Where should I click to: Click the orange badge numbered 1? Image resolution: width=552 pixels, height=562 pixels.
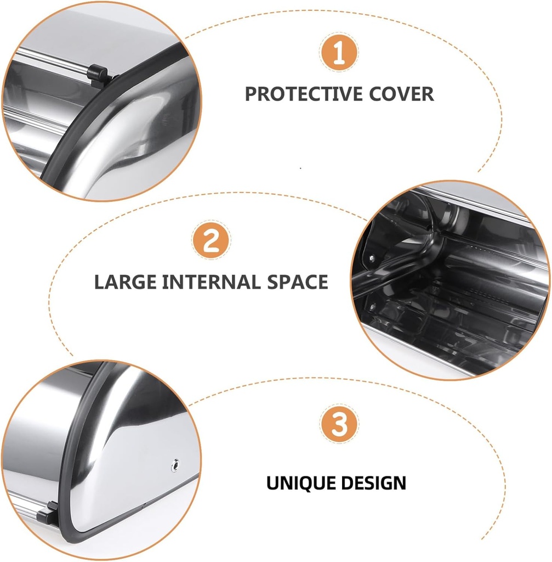click(339, 52)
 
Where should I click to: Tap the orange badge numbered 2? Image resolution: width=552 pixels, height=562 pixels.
click(211, 240)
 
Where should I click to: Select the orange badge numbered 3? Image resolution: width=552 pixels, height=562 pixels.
click(339, 424)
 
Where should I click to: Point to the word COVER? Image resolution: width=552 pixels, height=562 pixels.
click(401, 94)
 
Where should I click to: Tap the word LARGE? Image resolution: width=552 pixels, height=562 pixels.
click(126, 282)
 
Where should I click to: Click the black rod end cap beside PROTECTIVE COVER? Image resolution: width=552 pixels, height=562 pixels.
click(98, 74)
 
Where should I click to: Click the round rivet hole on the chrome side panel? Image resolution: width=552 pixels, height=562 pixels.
click(175, 465)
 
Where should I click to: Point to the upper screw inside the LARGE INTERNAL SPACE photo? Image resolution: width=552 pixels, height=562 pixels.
click(372, 257)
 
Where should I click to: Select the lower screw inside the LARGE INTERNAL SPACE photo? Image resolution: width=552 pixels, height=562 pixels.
click(372, 307)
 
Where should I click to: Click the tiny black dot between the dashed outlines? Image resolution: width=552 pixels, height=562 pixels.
click(300, 168)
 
